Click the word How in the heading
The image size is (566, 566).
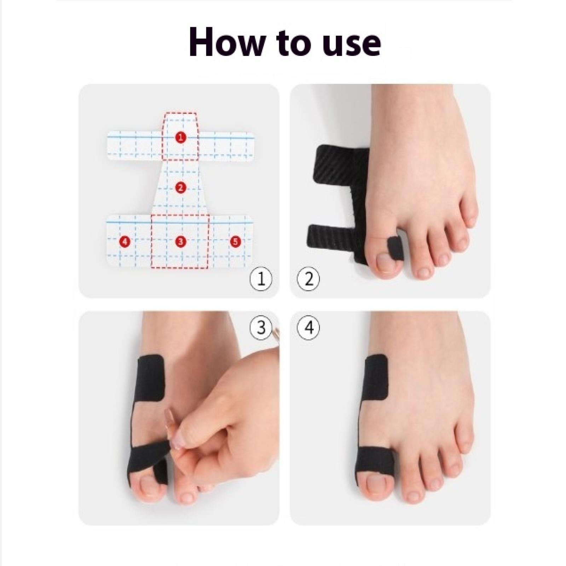click(226, 43)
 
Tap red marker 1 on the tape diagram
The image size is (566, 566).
click(181, 137)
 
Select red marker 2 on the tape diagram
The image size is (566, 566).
click(181, 187)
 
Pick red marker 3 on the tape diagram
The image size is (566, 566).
click(181, 242)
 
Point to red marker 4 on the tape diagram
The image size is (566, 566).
click(125, 242)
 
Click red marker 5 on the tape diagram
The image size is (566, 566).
click(236, 242)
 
